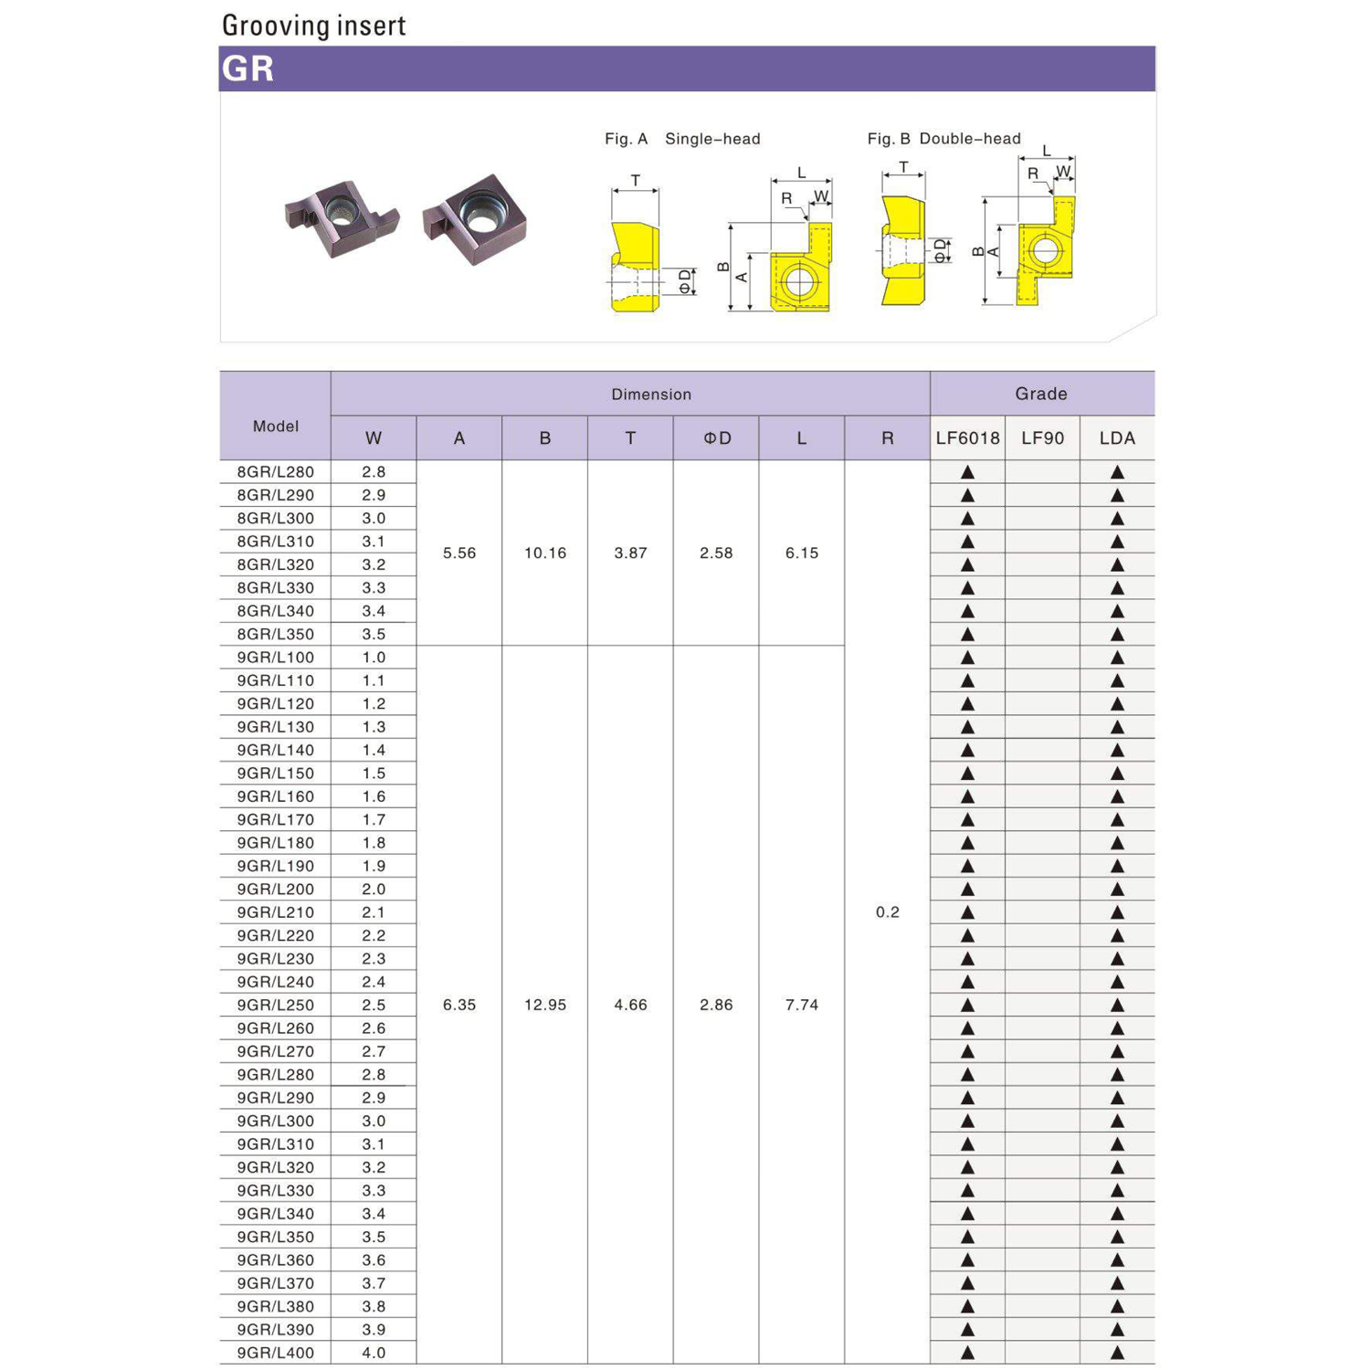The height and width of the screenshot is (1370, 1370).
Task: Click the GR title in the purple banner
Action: tap(248, 68)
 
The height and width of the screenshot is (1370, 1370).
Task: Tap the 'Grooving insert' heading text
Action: tap(313, 26)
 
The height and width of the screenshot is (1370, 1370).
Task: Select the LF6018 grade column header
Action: tap(967, 438)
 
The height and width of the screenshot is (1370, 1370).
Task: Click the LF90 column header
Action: tap(1042, 438)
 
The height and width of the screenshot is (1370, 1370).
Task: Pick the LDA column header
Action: tap(1117, 438)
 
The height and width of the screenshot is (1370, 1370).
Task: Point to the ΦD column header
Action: tap(716, 438)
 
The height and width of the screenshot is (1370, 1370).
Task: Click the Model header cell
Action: tap(275, 426)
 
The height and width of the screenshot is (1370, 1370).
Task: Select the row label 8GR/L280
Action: tap(275, 472)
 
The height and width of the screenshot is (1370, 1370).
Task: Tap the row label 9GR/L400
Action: tap(275, 1353)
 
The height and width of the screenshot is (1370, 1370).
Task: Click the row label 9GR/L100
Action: tap(275, 658)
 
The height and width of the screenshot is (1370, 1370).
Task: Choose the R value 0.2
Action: tap(887, 912)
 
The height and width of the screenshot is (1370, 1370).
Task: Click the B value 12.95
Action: tap(545, 1005)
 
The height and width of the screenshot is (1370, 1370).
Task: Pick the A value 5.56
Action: tap(459, 553)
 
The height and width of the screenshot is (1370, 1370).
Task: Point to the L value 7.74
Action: tap(802, 1005)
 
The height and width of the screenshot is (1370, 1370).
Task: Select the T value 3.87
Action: tap(630, 553)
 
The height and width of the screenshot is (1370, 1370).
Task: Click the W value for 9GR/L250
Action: tap(374, 1005)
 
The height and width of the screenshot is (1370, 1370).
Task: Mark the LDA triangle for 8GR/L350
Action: tap(1117, 635)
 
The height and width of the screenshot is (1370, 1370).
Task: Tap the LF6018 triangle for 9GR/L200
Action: tap(967, 890)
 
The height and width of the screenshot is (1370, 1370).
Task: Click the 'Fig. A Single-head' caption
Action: tap(682, 139)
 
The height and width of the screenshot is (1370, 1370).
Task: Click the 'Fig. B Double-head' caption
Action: tap(943, 139)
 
